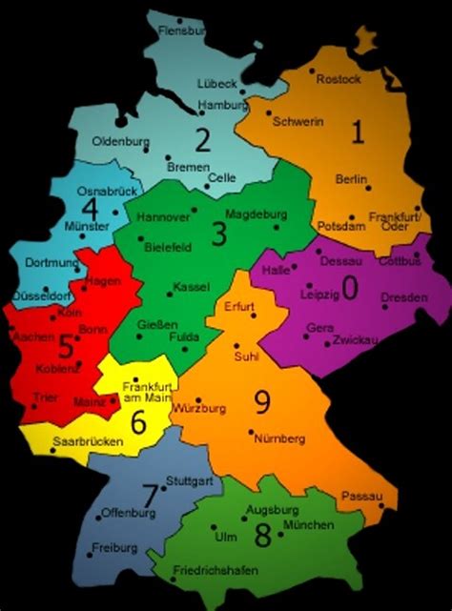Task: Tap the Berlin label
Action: pos(352,179)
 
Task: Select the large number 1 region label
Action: pos(358,132)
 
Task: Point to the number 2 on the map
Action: pos(202,142)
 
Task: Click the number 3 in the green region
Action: pos(218,234)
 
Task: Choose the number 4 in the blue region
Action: pos(90,209)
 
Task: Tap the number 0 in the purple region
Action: pos(350,288)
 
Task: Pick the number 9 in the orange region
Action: pos(262,403)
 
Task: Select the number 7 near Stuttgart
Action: pos(149,495)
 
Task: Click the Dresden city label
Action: pos(403,298)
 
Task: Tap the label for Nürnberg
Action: pos(279,438)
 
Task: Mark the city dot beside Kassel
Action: pos(171,287)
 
